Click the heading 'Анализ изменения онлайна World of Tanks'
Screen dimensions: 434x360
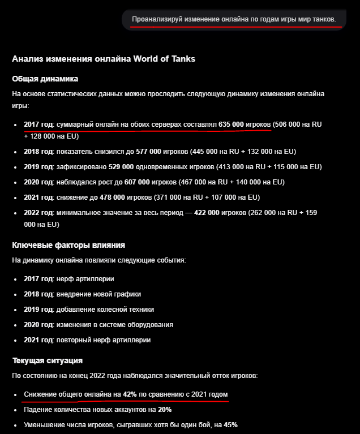point(104,59)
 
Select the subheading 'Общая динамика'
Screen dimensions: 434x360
point(45,79)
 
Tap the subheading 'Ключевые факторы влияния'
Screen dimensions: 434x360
point(68,245)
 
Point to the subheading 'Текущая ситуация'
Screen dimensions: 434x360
point(48,360)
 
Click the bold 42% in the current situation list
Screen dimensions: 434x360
point(130,394)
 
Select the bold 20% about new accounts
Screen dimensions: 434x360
point(165,409)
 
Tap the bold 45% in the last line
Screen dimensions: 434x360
point(230,424)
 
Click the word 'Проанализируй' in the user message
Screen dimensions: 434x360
point(156,20)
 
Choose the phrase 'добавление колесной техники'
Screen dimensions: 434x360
point(105,310)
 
